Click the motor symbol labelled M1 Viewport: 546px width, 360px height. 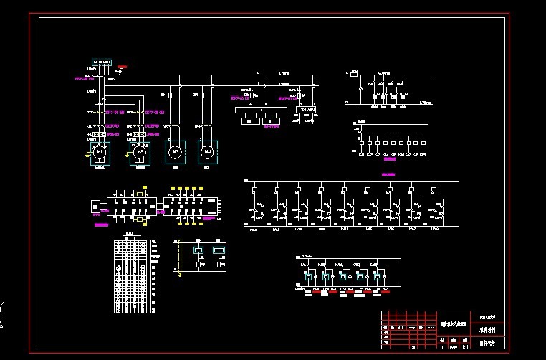(x=100, y=152)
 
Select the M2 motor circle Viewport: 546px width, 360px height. (x=140, y=152)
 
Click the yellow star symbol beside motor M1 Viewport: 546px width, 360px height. (x=89, y=152)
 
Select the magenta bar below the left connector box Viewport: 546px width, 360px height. (x=101, y=224)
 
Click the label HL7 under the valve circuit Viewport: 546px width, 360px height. (x=385, y=288)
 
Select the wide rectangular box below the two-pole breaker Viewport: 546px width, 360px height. (x=262, y=110)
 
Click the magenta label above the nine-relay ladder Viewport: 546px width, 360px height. (x=389, y=175)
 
